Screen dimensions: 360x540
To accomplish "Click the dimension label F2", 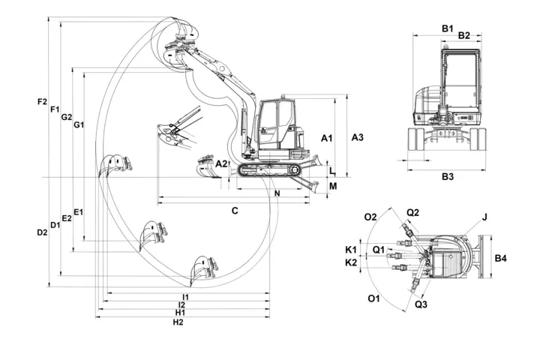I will point(42,101).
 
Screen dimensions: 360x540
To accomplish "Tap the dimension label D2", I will point(42,232).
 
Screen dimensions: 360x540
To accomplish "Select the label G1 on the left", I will point(79,124).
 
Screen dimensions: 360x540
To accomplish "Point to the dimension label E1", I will point(79,212).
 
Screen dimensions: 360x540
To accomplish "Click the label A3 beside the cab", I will point(358,137).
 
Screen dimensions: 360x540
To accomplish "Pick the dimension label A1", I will point(326,139).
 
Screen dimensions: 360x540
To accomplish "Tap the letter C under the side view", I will point(235,211).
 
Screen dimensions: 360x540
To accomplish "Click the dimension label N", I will point(277,194).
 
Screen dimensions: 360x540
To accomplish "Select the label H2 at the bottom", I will point(178,322).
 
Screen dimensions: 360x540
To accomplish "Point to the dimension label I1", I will point(185,297).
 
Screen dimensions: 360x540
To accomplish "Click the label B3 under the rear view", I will point(448,177).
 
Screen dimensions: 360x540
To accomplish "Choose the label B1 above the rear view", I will point(447,28).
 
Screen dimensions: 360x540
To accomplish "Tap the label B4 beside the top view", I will point(502,259).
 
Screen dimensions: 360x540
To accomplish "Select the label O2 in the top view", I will point(370,217).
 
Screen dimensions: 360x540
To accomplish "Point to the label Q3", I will point(421,304).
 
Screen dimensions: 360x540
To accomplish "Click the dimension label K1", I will point(350,249).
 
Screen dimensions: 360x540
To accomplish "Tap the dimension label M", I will point(333,186).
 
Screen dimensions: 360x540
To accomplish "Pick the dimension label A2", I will point(220,163).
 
